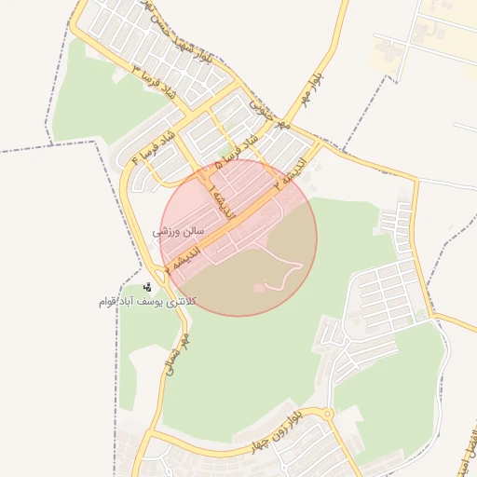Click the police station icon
pyautogui.click(x=148, y=287)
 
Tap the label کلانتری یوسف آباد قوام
pyautogui.click(x=144, y=303)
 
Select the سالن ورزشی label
pyautogui.click(x=179, y=228)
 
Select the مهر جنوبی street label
pyautogui.click(x=271, y=112)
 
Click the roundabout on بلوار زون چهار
pyautogui.click(x=326, y=414)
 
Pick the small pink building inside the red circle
pyautogui.click(x=259, y=288)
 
